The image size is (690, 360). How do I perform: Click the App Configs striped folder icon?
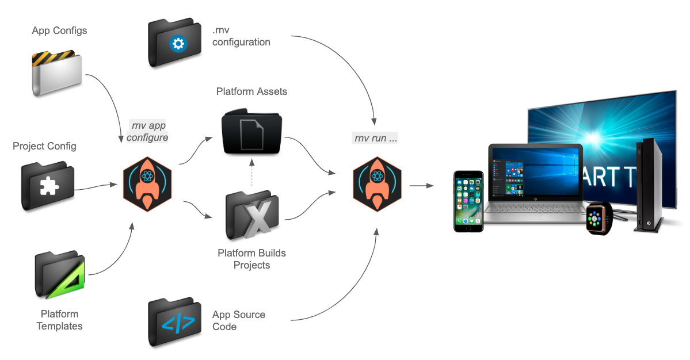pos(56,73)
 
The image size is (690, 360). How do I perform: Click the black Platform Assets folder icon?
pos(252,132)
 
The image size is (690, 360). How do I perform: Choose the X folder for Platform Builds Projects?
pos(252,215)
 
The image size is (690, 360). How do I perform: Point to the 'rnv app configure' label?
pos(147,131)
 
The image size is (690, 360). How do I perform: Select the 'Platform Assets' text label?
pos(251,91)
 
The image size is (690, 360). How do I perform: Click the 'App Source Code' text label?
pos(238,320)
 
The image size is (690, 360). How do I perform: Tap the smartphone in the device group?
pos(467,201)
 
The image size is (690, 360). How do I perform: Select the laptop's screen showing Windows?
pos(535,173)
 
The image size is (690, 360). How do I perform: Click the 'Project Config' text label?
pos(44,146)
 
